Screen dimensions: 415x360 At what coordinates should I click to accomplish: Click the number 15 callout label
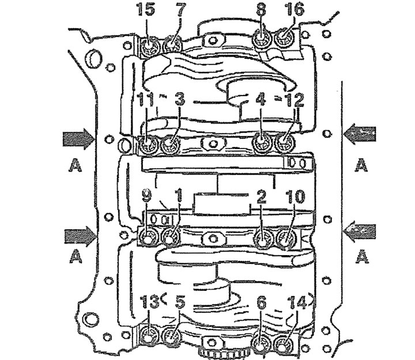pos(146,10)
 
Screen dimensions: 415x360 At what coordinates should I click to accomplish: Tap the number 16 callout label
pos(295,10)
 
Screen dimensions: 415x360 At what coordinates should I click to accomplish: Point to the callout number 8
pos(261,10)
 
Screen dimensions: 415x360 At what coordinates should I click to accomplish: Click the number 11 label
pos(145,100)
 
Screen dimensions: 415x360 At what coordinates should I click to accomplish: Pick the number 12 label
pos(295,100)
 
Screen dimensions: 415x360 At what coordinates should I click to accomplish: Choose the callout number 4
pos(261,100)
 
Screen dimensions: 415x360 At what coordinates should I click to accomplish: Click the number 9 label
pos(146,196)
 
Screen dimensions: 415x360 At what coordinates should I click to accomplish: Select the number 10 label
pos(295,196)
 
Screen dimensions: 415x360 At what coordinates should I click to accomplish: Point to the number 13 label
pos(149,302)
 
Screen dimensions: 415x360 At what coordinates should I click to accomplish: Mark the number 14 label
pos(297,302)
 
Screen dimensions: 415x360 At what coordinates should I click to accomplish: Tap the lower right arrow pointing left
pos(360,232)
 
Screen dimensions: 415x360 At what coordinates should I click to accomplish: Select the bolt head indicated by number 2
pos(263,238)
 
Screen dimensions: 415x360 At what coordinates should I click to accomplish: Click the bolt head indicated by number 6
pos(262,344)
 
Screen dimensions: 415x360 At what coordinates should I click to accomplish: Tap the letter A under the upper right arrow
pos(361,165)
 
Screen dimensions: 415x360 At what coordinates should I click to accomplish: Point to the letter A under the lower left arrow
pos(76,256)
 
